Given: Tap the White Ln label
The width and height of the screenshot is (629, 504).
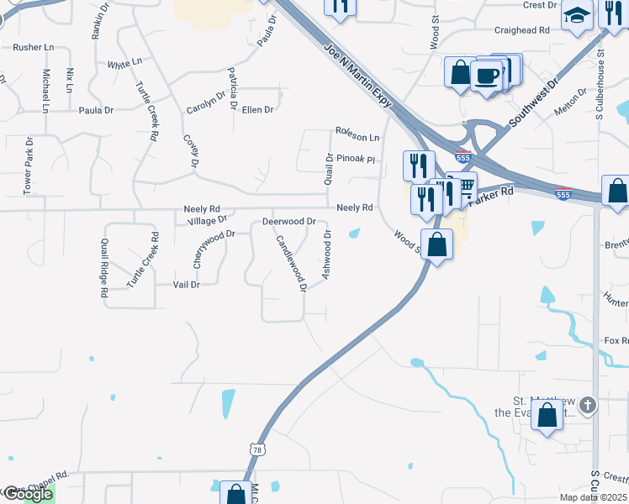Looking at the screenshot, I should pyautogui.click(x=124, y=64).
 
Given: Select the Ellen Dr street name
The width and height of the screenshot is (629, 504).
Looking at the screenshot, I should pyautogui.click(x=257, y=110).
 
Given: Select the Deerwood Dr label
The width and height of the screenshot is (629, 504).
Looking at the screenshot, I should pyautogui.click(x=288, y=222).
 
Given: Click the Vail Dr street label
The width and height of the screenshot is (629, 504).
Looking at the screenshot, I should pyautogui.click(x=186, y=285).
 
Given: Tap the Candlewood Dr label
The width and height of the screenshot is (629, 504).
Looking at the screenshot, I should pyautogui.click(x=291, y=263).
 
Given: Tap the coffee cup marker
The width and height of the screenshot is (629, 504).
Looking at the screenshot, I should pyautogui.click(x=488, y=76).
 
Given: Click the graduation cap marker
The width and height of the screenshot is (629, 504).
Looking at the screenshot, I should pyautogui.click(x=578, y=15).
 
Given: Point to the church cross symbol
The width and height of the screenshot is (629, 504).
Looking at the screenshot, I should pyautogui.click(x=588, y=406).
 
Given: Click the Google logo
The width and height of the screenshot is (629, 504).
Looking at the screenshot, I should pyautogui.click(x=27, y=494).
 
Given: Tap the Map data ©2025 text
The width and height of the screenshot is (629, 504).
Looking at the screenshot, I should pyautogui.click(x=592, y=497).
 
